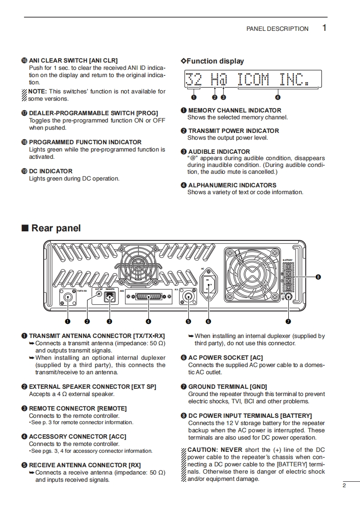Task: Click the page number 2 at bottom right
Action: [x=344, y=485]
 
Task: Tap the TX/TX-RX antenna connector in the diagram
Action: [x=68, y=298]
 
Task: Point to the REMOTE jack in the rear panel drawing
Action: [x=109, y=297]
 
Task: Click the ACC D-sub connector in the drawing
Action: [x=148, y=298]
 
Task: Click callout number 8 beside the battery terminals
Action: [x=318, y=277]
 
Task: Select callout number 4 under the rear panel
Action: [x=148, y=322]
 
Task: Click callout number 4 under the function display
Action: [x=277, y=97]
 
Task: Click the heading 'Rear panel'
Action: [x=56, y=228]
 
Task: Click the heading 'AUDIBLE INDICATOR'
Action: [x=219, y=152]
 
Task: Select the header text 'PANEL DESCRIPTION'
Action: [x=277, y=29]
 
